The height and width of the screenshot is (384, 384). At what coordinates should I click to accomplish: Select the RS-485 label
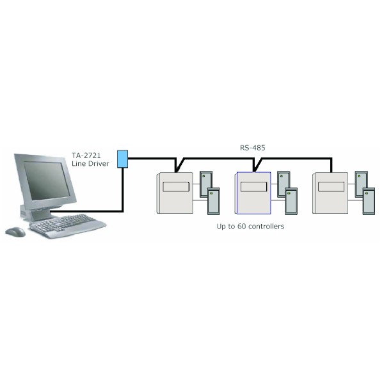[x=252, y=148]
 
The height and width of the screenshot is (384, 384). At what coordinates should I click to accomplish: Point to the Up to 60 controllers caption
[x=251, y=227]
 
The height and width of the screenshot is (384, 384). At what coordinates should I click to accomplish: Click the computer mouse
[x=15, y=232]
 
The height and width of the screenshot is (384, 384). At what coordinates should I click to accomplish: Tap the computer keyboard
[x=68, y=225]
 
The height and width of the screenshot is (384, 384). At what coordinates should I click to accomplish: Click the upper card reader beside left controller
[x=206, y=183]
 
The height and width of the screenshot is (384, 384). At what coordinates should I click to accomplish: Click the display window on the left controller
[x=175, y=187]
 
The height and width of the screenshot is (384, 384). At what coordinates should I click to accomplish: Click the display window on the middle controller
[x=254, y=187]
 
